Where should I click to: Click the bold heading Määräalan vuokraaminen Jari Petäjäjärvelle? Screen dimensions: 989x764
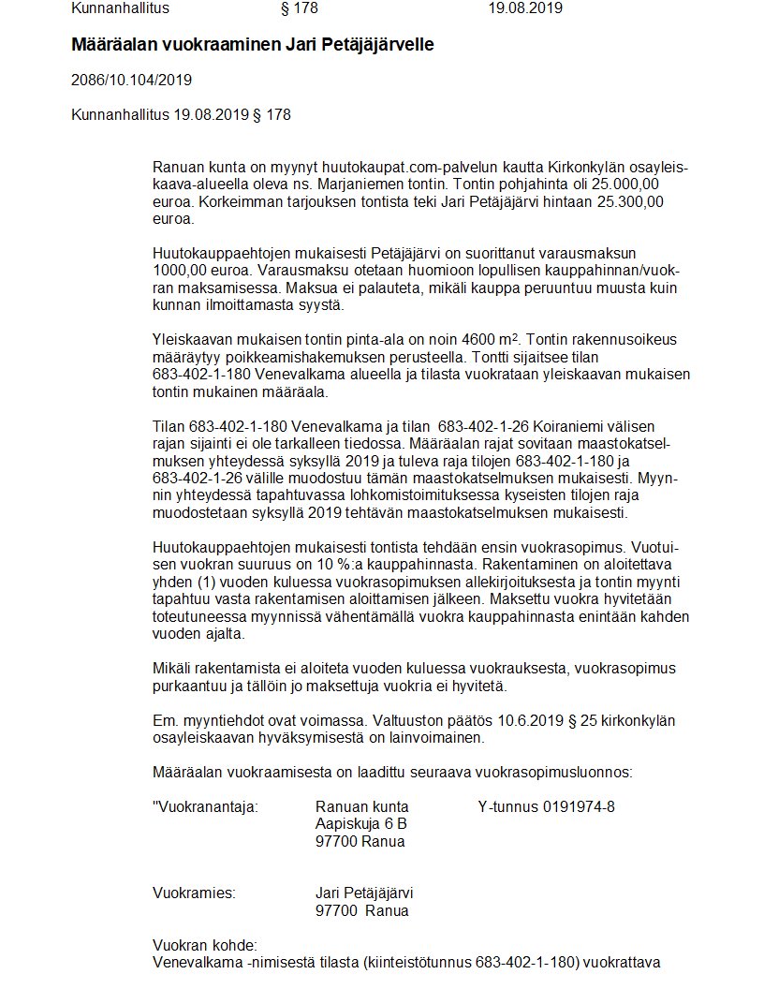click(x=253, y=45)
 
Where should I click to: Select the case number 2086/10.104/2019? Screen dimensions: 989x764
click(x=131, y=81)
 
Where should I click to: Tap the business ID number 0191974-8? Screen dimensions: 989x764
click(x=579, y=807)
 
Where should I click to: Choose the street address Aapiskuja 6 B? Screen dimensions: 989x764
click(x=361, y=824)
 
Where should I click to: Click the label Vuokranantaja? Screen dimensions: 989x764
click(x=205, y=807)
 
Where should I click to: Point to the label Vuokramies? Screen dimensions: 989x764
click(x=194, y=893)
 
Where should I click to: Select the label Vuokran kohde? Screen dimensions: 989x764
click(x=204, y=945)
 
